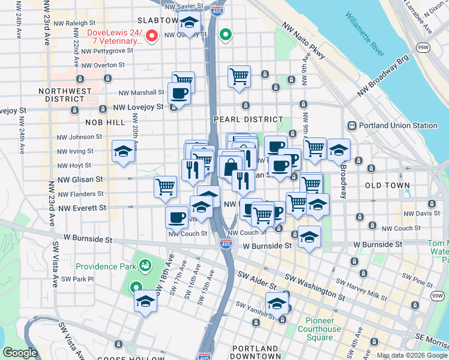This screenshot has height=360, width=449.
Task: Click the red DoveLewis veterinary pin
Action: point(152,37)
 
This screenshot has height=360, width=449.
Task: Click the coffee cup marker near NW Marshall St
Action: point(178,94)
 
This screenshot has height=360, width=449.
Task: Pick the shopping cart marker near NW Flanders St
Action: point(165,185)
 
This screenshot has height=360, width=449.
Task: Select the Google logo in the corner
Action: point(20,353)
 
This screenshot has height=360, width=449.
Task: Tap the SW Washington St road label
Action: point(312,287)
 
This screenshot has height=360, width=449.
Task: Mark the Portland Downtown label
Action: point(255,352)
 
